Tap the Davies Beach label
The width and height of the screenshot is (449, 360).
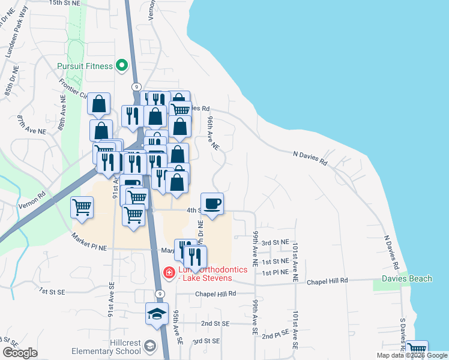(406, 278)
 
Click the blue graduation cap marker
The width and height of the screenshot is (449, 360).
(157, 314)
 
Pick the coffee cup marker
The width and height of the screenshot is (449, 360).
(211, 204)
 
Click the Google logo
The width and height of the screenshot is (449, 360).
(20, 353)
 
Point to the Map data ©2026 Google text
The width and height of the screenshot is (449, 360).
(412, 355)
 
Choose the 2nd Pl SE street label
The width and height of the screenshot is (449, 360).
(276, 335)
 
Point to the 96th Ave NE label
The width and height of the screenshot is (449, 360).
(214, 133)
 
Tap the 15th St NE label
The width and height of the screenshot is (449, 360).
(65, 3)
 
